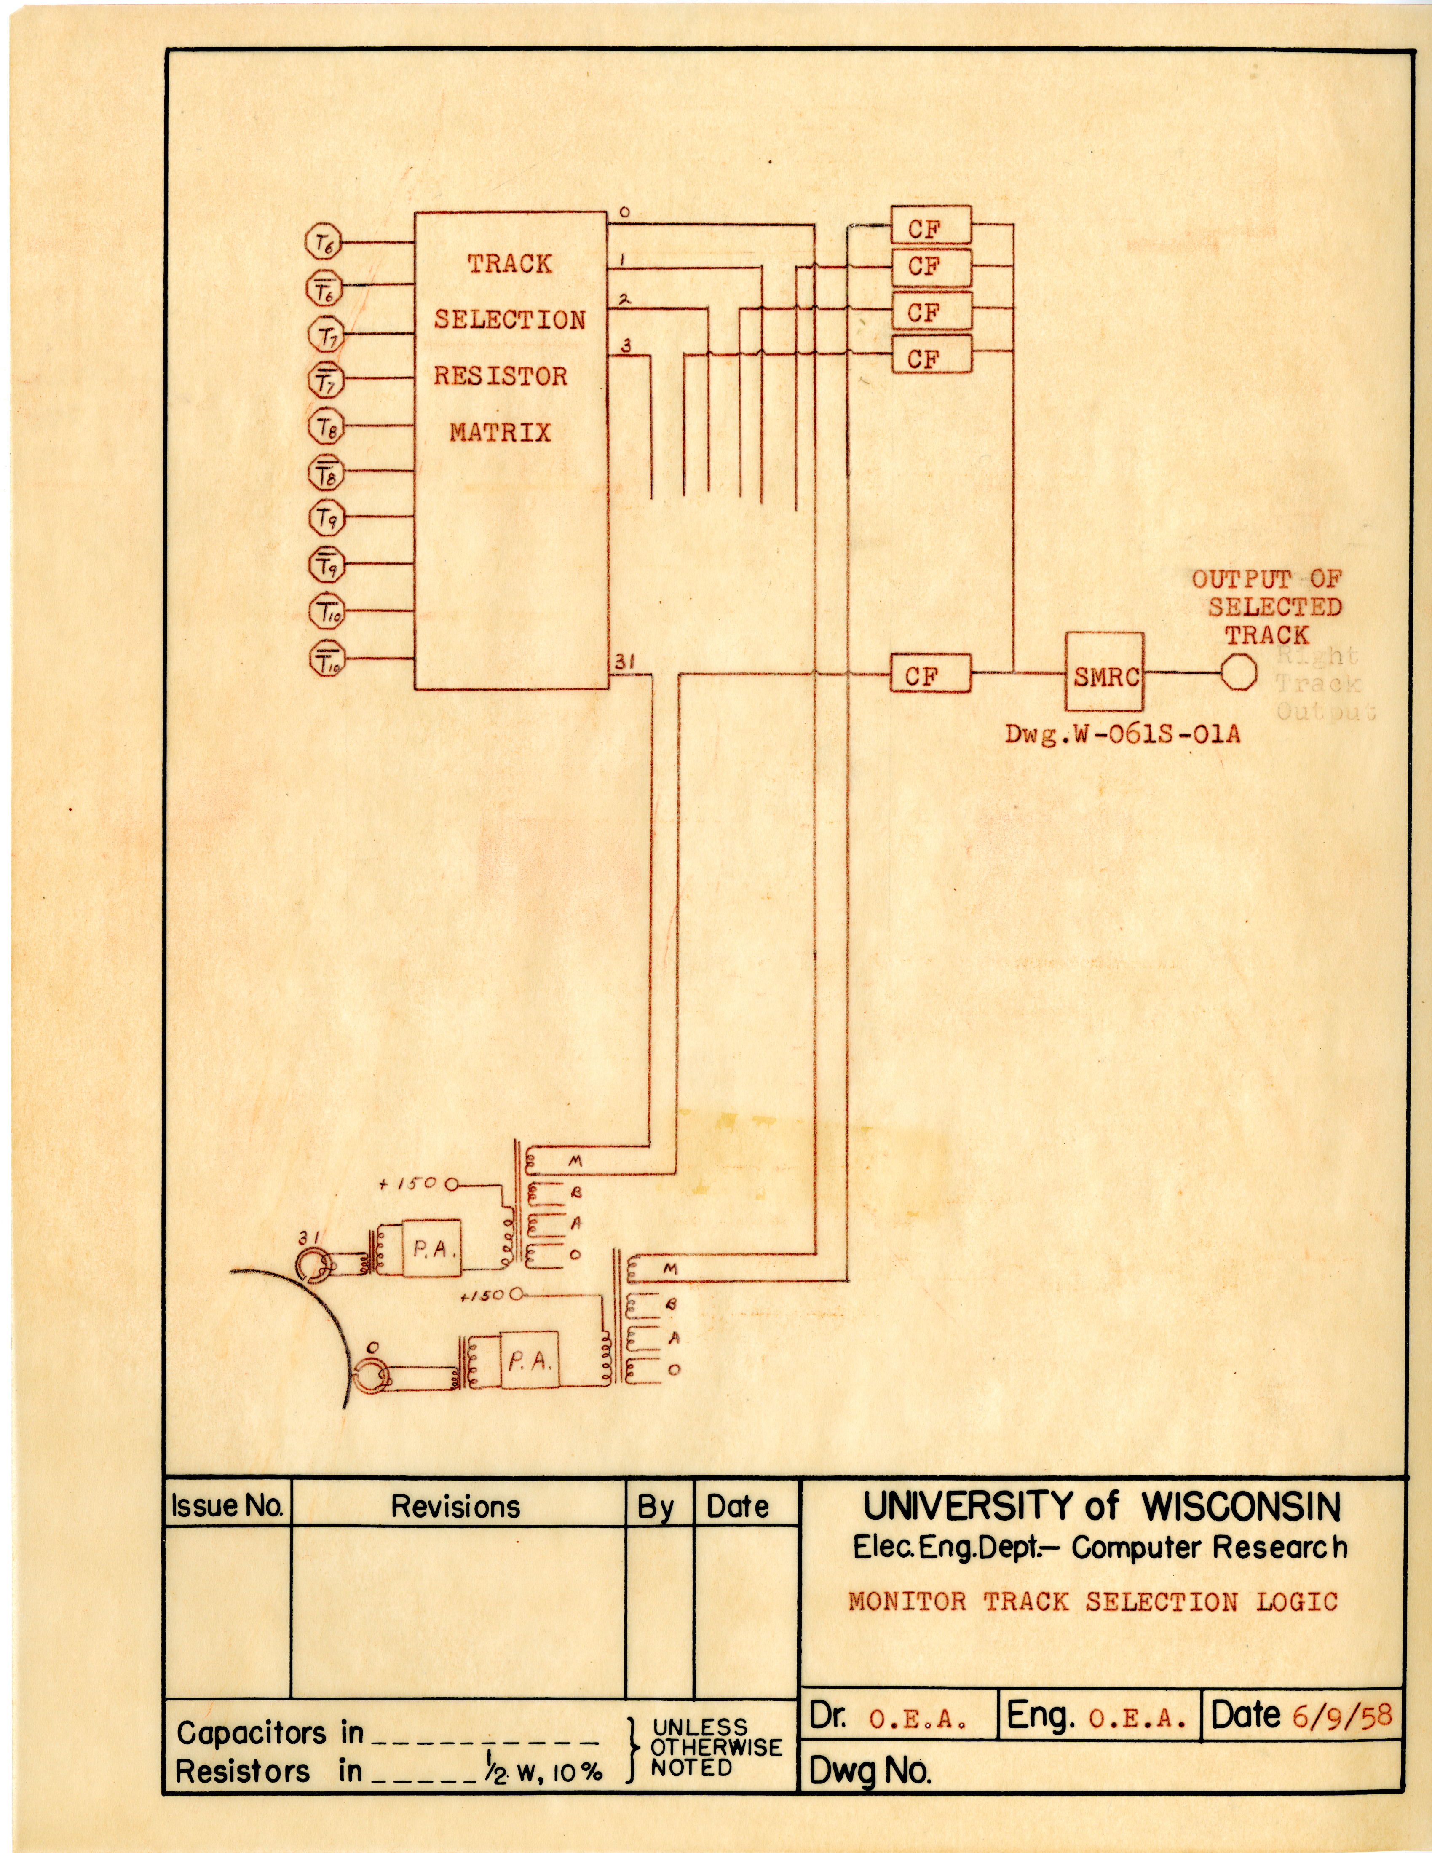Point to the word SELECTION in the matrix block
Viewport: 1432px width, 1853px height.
[x=510, y=320]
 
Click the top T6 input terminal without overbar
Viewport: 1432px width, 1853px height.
[x=322, y=243]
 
